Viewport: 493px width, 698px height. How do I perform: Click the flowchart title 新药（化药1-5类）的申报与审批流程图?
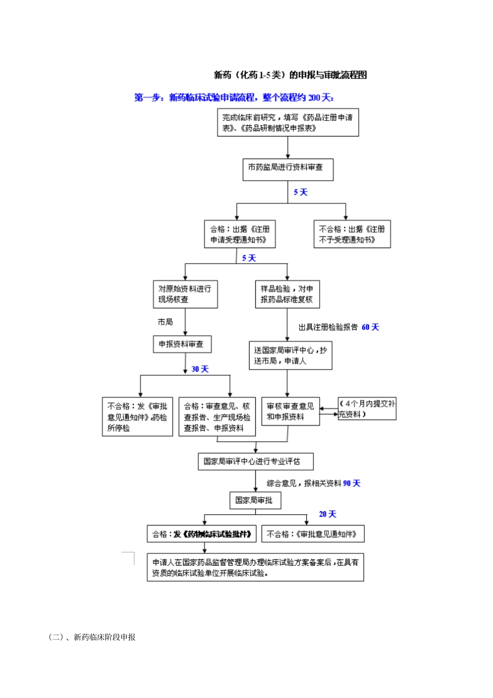(x=290, y=75)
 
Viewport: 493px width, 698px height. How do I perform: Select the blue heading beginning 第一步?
(x=234, y=98)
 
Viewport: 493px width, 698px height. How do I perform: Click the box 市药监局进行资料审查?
(x=287, y=169)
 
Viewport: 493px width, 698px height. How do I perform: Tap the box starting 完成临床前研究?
(x=287, y=122)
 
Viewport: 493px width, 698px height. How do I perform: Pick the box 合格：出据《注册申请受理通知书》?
(x=239, y=234)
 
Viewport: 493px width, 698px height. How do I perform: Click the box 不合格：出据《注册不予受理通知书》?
(x=352, y=234)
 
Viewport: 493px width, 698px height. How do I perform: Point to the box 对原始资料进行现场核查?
(x=185, y=294)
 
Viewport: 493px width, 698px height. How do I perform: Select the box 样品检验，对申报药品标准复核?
(x=287, y=294)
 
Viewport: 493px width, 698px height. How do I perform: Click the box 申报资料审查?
(x=182, y=344)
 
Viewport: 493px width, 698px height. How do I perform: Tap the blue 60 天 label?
(x=371, y=327)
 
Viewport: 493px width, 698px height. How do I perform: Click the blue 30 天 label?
(x=200, y=369)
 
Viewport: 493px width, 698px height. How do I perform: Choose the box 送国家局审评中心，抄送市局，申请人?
(x=290, y=355)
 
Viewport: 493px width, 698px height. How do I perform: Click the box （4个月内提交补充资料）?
(x=367, y=408)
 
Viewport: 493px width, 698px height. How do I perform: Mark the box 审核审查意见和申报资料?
(x=290, y=412)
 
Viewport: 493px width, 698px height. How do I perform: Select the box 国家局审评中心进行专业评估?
(x=255, y=461)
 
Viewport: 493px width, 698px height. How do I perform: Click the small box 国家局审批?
(x=255, y=500)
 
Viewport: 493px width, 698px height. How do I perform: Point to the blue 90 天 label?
(x=351, y=483)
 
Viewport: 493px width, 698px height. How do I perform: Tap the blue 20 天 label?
(x=327, y=514)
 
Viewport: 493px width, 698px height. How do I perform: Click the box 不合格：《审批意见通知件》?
(x=312, y=534)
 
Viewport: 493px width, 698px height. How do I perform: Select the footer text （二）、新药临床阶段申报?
(x=92, y=637)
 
